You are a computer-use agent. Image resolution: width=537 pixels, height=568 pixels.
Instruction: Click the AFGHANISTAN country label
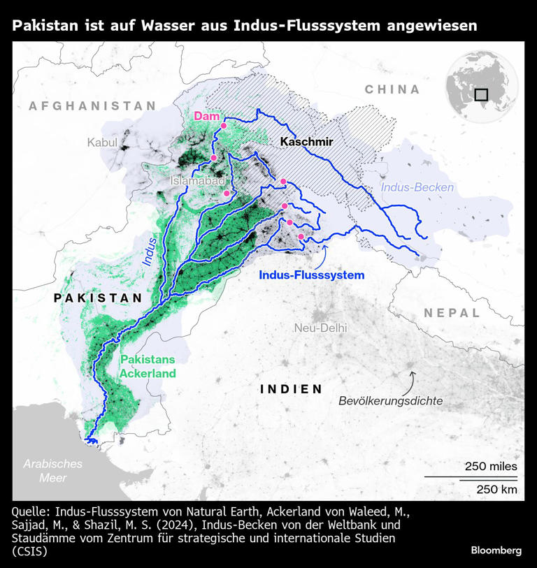92,105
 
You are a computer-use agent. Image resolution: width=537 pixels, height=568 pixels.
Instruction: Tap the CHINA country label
392,89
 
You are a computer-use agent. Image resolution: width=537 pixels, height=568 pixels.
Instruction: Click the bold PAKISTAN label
98,298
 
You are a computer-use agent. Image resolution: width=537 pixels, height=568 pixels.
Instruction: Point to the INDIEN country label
292,389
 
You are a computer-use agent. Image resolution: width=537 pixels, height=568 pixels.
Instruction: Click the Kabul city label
102,143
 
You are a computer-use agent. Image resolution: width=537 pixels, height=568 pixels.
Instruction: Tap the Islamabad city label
197,180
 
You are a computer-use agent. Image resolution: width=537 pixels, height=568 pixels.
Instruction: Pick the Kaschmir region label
306,142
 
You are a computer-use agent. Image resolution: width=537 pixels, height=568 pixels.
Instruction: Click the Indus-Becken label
417,187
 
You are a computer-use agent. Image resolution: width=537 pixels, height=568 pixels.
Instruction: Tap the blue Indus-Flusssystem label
311,275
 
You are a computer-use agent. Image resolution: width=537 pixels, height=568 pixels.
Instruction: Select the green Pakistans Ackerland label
148,366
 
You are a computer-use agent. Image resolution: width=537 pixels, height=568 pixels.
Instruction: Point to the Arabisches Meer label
52,470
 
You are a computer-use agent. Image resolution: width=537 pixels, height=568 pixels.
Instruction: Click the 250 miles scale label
491,466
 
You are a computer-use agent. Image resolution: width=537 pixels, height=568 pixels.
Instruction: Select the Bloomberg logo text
496,550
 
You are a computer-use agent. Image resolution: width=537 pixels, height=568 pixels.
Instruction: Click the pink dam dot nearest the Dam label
224,126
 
